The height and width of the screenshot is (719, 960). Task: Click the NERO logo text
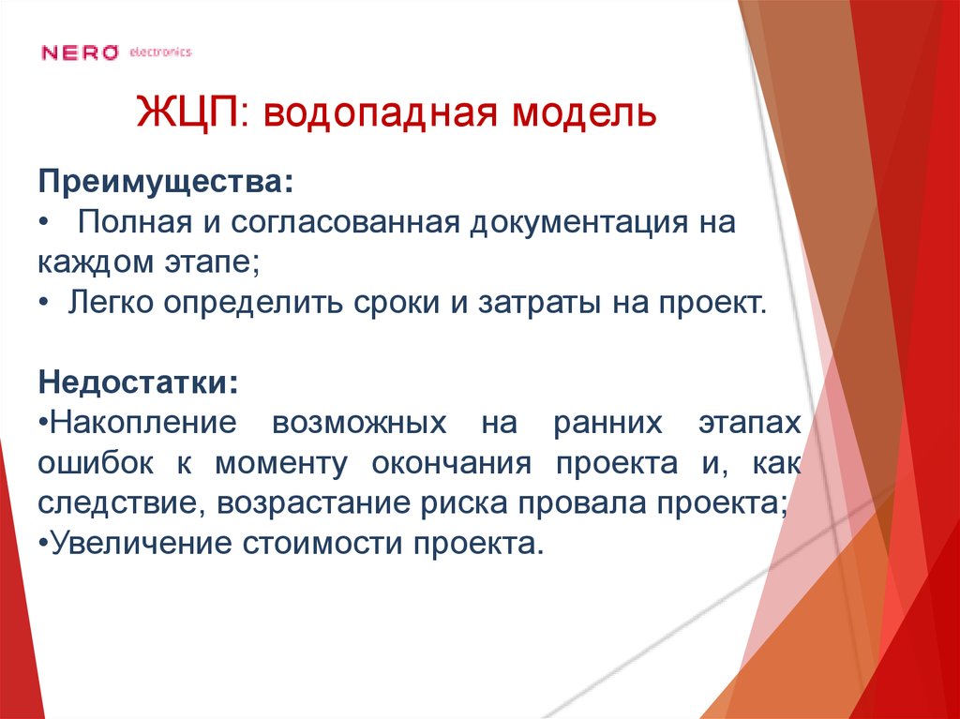[80, 52]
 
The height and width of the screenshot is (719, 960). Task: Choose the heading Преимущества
[164, 181]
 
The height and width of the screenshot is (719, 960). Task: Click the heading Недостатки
[138, 382]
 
